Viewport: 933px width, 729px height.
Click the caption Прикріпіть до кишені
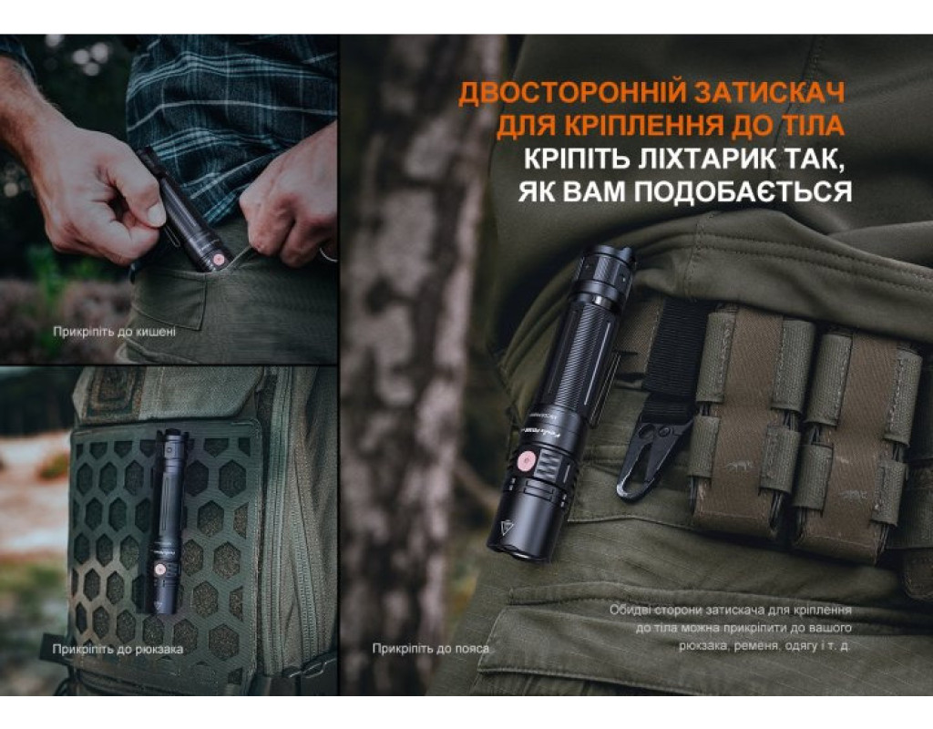(x=114, y=332)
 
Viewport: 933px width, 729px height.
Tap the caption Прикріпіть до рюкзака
(x=118, y=649)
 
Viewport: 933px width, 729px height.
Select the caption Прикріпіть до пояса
(x=431, y=649)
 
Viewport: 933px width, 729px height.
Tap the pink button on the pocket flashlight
(x=219, y=260)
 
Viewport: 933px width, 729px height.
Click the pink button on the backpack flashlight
(x=159, y=570)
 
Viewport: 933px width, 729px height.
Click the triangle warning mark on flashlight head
(x=508, y=529)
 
